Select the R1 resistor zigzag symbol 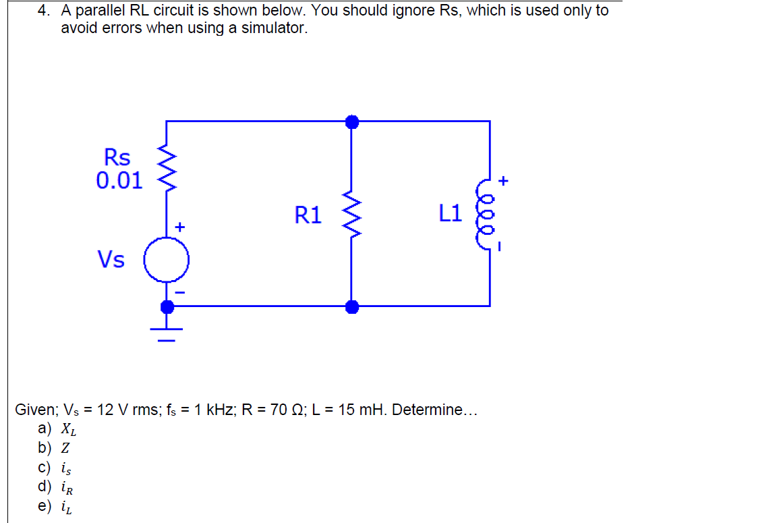click(351, 214)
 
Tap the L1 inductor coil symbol click(487, 214)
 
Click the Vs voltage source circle click(166, 259)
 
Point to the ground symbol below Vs click(167, 333)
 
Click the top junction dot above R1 click(351, 121)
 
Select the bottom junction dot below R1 click(351, 307)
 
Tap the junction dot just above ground click(167, 307)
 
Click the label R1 click(308, 215)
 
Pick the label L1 click(450, 214)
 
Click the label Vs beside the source click(111, 259)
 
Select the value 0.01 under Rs click(119, 181)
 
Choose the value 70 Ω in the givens click(281, 410)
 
